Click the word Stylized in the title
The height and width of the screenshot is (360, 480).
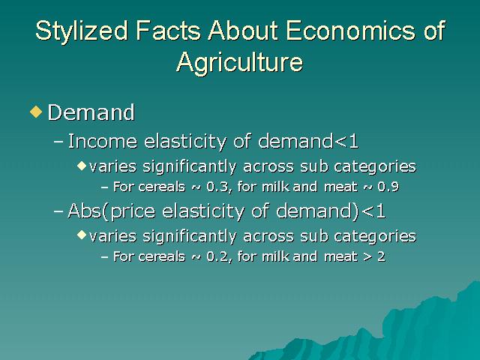pos(82,31)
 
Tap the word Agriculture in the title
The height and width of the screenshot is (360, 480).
pos(240,62)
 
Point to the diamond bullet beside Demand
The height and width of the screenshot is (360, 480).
pos(36,112)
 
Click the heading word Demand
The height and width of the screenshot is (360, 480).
pos(91,112)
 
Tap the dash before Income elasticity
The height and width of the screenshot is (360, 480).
pos(58,142)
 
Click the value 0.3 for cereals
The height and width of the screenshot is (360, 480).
pos(217,187)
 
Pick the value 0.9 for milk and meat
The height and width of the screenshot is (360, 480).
pos(388,187)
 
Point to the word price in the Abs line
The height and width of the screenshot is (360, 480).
pos(133,211)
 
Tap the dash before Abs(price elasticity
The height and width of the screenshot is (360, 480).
pos(58,211)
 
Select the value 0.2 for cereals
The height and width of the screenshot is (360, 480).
pos(217,256)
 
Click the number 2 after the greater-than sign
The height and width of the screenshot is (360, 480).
pos(381,256)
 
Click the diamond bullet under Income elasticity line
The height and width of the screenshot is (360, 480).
pos(82,166)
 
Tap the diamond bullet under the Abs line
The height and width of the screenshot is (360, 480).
pos(82,235)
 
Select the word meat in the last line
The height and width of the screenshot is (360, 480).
pos(340,256)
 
